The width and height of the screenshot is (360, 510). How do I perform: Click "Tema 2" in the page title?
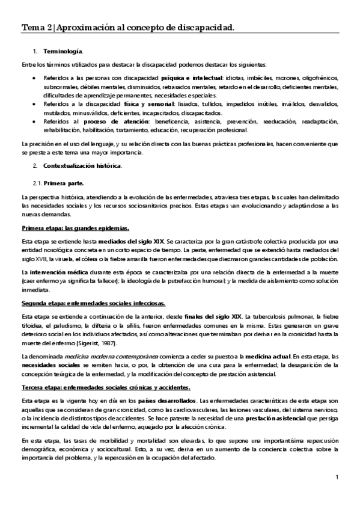point(34,27)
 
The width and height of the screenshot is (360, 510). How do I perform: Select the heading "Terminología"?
point(63,53)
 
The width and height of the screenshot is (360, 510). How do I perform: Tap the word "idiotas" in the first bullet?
point(234,79)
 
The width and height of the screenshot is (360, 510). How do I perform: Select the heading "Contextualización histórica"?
point(82,165)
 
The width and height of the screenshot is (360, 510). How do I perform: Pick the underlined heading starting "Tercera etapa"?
point(106,387)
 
